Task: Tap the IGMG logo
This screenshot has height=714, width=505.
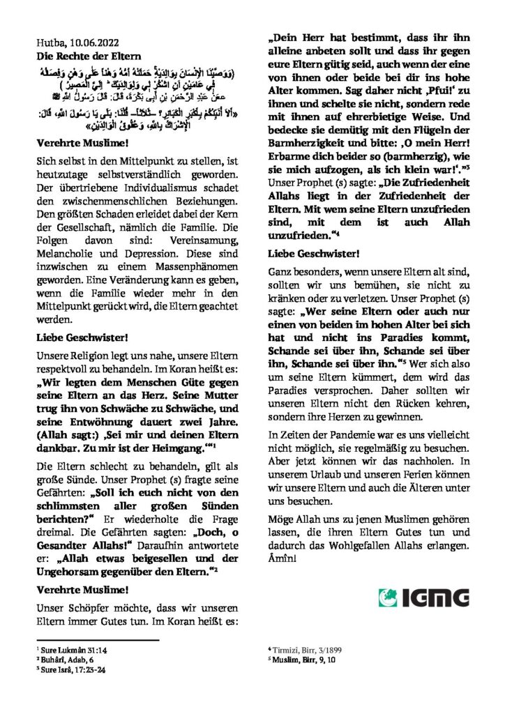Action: click(x=423, y=598)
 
